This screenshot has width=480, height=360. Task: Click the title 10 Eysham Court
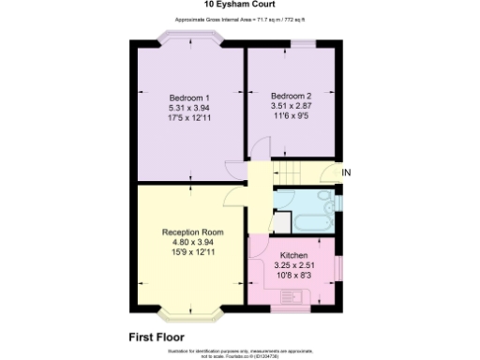[239, 5]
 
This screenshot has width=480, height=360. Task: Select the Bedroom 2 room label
[290, 96]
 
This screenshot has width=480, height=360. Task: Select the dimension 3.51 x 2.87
[290, 106]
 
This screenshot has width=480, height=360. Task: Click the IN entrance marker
[346, 172]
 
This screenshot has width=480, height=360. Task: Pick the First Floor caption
[156, 336]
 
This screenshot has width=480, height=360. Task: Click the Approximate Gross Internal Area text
[239, 20]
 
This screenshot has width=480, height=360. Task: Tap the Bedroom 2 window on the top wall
[303, 42]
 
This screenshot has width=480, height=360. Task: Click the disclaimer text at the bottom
[239, 351]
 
